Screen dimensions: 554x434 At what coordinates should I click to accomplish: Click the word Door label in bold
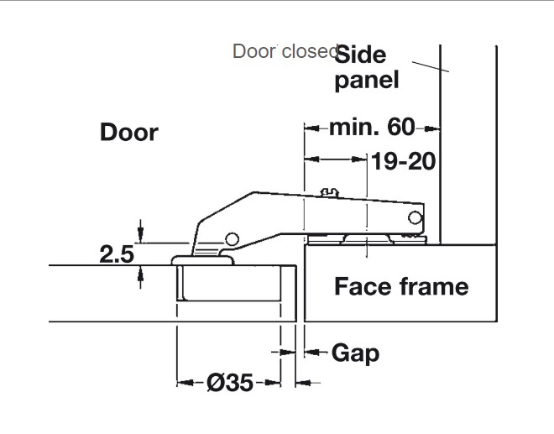(128, 132)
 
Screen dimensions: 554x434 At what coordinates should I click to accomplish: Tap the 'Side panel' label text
(366, 67)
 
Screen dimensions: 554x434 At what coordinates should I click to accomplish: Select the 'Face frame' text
(401, 286)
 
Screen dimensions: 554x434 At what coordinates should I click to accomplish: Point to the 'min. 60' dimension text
(372, 128)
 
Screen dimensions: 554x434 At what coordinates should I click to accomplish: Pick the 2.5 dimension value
(117, 254)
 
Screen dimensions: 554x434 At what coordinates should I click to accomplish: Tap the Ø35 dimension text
(229, 383)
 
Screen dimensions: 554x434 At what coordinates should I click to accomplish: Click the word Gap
(355, 353)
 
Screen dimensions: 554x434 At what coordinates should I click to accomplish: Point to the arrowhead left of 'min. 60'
(309, 128)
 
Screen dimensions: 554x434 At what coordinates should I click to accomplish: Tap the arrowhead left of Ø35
(181, 383)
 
